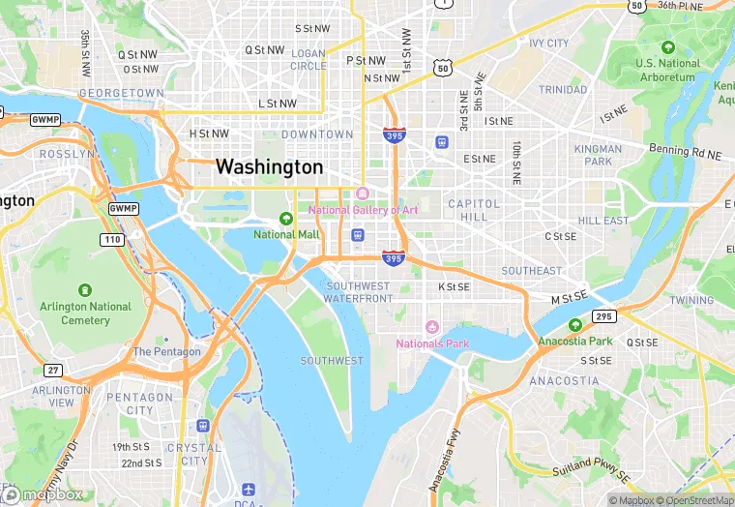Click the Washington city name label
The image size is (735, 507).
click(x=269, y=166)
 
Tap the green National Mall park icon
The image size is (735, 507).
click(x=285, y=219)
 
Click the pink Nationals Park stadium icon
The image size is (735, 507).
click(x=432, y=328)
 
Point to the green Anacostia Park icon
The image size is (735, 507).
click(x=575, y=325)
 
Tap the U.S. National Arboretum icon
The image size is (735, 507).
click(x=667, y=47)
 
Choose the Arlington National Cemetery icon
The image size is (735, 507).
click(x=84, y=289)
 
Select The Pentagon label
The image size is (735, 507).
click(x=167, y=351)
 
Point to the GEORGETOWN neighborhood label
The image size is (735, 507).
click(x=122, y=93)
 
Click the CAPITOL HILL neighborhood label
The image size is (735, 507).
click(x=474, y=211)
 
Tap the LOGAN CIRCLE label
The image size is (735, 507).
click(x=309, y=59)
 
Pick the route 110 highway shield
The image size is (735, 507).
click(x=113, y=239)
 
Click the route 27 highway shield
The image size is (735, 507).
click(x=54, y=370)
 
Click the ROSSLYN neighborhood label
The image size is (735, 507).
click(x=67, y=154)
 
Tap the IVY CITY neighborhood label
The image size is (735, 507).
click(x=549, y=44)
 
